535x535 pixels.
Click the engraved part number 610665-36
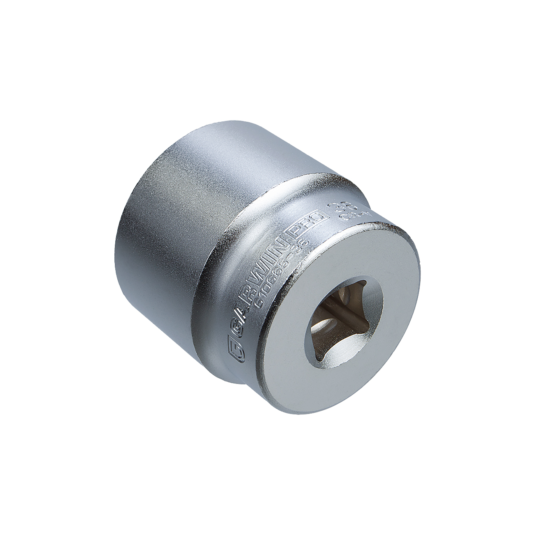click(281, 273)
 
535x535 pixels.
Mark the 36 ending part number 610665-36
click(304, 246)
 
